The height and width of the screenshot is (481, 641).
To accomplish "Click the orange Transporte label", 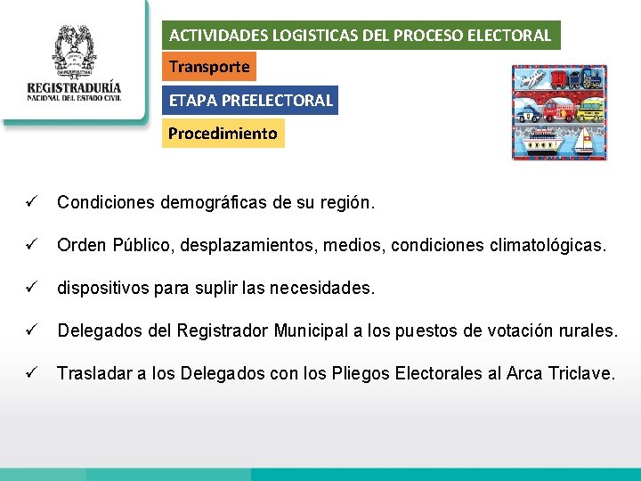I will point(209,67).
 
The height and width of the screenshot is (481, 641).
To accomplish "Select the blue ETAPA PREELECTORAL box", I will point(250,100).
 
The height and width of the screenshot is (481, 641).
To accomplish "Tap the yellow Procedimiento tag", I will point(223,134).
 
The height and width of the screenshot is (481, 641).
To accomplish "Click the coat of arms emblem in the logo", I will point(74,52).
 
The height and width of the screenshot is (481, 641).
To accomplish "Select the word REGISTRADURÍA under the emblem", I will point(74,89).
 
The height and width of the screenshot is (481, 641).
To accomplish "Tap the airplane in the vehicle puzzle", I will point(531,80).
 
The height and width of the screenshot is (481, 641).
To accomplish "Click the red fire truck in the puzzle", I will point(558,110).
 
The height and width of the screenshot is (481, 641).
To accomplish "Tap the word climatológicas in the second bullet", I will point(547,245).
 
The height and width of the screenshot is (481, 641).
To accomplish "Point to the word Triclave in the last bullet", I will point(583,373).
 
